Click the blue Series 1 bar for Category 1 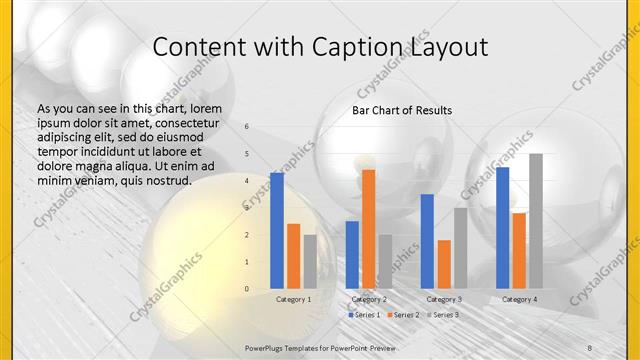(x=277, y=230)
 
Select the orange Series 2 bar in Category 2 (x=369, y=228)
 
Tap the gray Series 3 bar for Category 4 (x=536, y=220)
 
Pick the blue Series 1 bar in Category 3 (x=428, y=240)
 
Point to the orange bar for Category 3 (x=444, y=263)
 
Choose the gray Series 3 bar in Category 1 (x=310, y=261)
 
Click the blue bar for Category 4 (x=502, y=227)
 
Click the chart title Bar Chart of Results (x=402, y=110)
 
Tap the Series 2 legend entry (x=403, y=315)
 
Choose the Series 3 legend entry (x=442, y=315)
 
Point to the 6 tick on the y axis (x=247, y=127)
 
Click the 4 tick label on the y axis (x=247, y=181)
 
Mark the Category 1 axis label (x=293, y=299)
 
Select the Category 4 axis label (x=519, y=299)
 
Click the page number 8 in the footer (x=590, y=345)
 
